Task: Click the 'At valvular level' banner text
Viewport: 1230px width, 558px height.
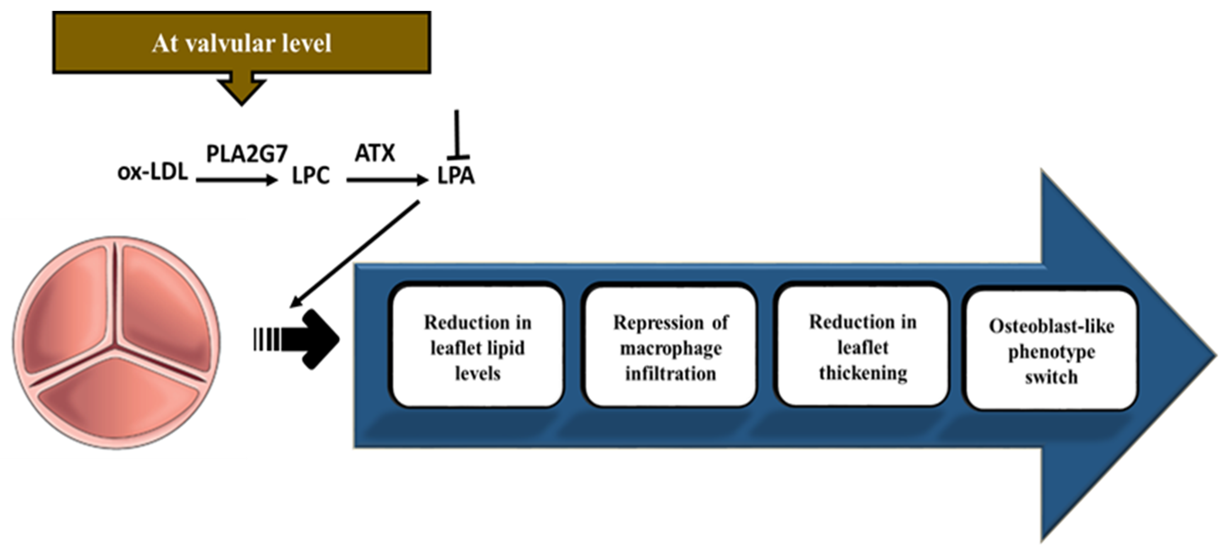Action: (241, 44)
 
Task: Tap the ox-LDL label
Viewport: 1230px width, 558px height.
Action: (153, 172)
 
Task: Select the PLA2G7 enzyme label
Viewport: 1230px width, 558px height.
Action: (246, 154)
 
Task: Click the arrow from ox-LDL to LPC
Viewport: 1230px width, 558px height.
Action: (237, 180)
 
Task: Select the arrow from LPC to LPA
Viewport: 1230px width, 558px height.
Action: (387, 180)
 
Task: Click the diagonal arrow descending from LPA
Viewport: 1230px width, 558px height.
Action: (356, 253)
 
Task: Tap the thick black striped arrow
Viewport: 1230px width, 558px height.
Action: (301, 340)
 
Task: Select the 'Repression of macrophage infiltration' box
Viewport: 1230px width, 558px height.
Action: (670, 347)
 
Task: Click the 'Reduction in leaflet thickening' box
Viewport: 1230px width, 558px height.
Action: (863, 347)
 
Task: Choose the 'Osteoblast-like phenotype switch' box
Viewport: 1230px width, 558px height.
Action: (1051, 351)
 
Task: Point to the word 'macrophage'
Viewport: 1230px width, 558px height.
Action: (670, 348)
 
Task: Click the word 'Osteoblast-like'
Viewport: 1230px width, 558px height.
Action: (1051, 326)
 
